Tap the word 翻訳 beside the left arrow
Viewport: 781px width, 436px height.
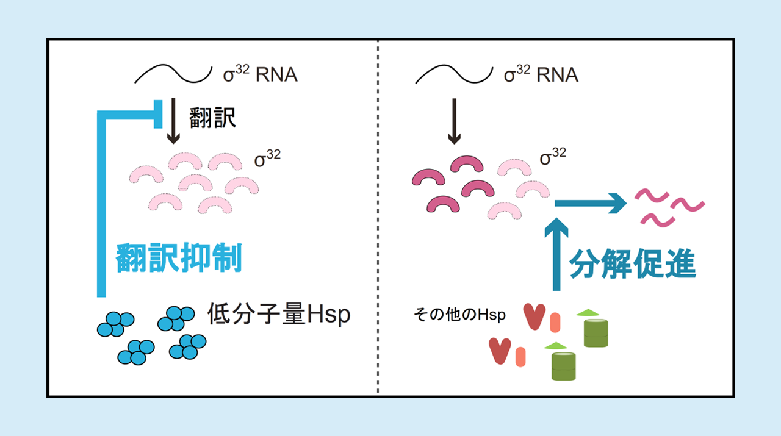click(x=212, y=118)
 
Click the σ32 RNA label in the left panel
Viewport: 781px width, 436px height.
click(x=261, y=75)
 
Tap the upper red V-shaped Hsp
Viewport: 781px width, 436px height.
click(x=534, y=316)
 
